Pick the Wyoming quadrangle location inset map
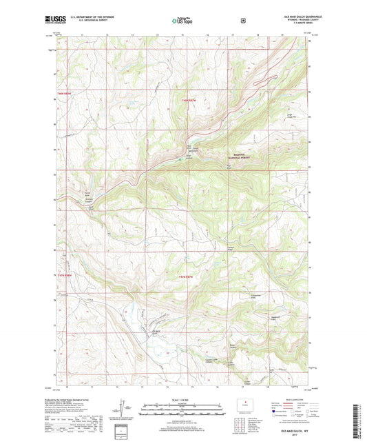pos(244,404)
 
